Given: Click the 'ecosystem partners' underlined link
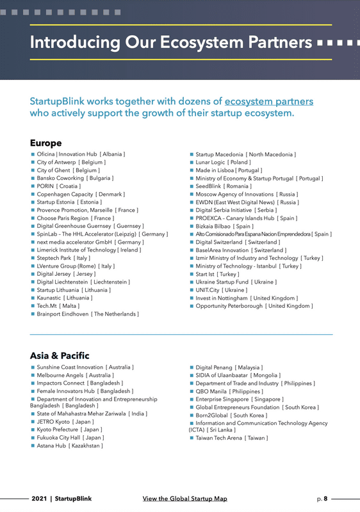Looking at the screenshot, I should tap(269, 102).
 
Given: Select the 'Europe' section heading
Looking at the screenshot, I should tap(45, 143).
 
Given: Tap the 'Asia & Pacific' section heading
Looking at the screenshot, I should tap(60, 355).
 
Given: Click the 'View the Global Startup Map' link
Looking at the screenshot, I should tap(184, 498).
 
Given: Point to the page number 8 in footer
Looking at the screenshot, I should tap(325, 498).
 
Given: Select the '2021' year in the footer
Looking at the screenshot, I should tap(40, 498).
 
